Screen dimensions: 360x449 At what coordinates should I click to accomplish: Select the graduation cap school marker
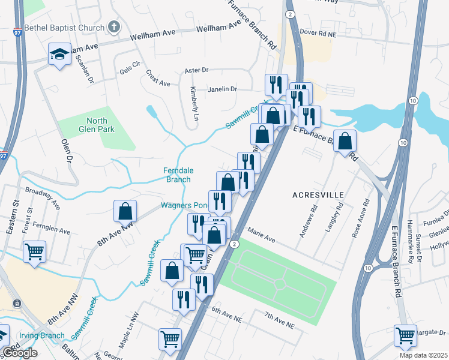[x=59, y=55]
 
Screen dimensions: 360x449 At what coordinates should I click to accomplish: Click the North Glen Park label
[x=92, y=124]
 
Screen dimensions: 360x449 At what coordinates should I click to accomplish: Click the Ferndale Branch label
[x=178, y=175]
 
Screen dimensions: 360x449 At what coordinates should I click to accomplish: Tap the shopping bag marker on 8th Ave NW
[x=125, y=212]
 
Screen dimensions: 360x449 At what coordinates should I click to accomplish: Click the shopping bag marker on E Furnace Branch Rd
[x=345, y=142]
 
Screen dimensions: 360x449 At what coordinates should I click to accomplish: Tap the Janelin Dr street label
[x=223, y=89]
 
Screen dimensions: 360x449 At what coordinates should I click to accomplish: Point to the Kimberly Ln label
[x=194, y=103]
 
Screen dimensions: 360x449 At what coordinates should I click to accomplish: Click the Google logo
[x=20, y=353]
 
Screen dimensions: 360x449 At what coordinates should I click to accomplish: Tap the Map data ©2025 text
[x=424, y=355]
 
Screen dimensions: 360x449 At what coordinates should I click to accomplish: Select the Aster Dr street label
[x=196, y=71]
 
